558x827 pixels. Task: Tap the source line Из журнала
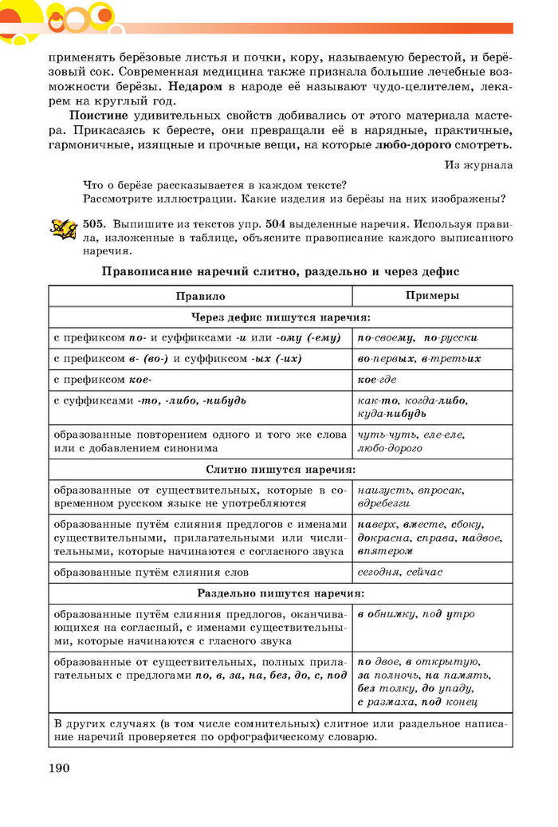coord(478,165)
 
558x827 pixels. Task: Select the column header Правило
coord(200,295)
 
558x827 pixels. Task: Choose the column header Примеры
coord(431,295)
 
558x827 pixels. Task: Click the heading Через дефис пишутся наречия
coord(280,317)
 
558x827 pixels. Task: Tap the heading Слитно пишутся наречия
coord(280,470)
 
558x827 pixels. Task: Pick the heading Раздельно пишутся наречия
coord(280,593)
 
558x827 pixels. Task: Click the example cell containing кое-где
coord(377,379)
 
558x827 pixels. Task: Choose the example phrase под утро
coord(450,614)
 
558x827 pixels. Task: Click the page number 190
coord(60,768)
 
